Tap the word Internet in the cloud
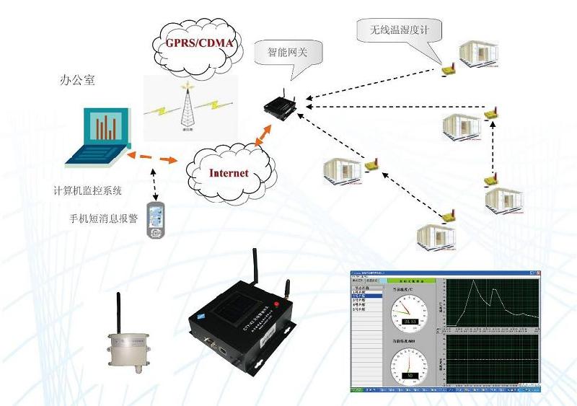[x=229, y=173]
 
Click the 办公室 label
[x=77, y=81]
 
